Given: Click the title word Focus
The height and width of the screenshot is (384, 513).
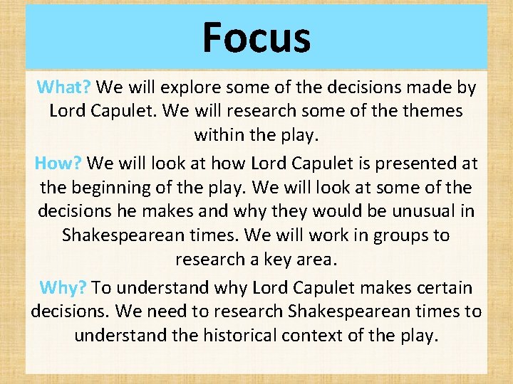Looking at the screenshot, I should pos(256,37).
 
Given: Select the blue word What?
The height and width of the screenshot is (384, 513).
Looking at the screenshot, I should pos(63,87).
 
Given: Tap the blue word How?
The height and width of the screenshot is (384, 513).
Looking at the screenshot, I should pos(60,164).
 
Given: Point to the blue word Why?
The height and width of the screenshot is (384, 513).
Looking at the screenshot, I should pos(63,287).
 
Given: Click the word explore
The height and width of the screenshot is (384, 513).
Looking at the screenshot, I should pos(189,87).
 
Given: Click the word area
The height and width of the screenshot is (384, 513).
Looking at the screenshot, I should pos(316,258).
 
